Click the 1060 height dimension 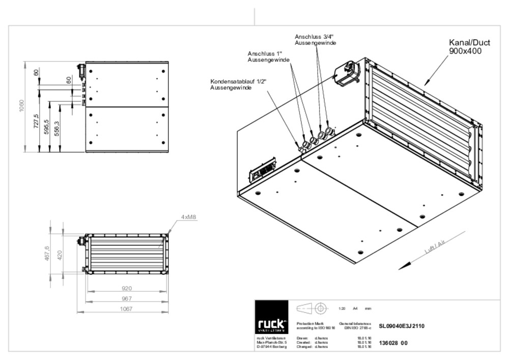(x=22, y=107)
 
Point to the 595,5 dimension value (x=46, y=127)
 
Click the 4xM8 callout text (x=188, y=217)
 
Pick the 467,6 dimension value (x=47, y=253)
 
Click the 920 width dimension (x=127, y=288)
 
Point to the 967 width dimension (x=127, y=298)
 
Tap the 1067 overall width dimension (x=127, y=309)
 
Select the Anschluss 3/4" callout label (x=315, y=40)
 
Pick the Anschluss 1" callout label (x=269, y=57)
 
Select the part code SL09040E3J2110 (x=402, y=326)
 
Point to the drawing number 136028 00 (x=393, y=343)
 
